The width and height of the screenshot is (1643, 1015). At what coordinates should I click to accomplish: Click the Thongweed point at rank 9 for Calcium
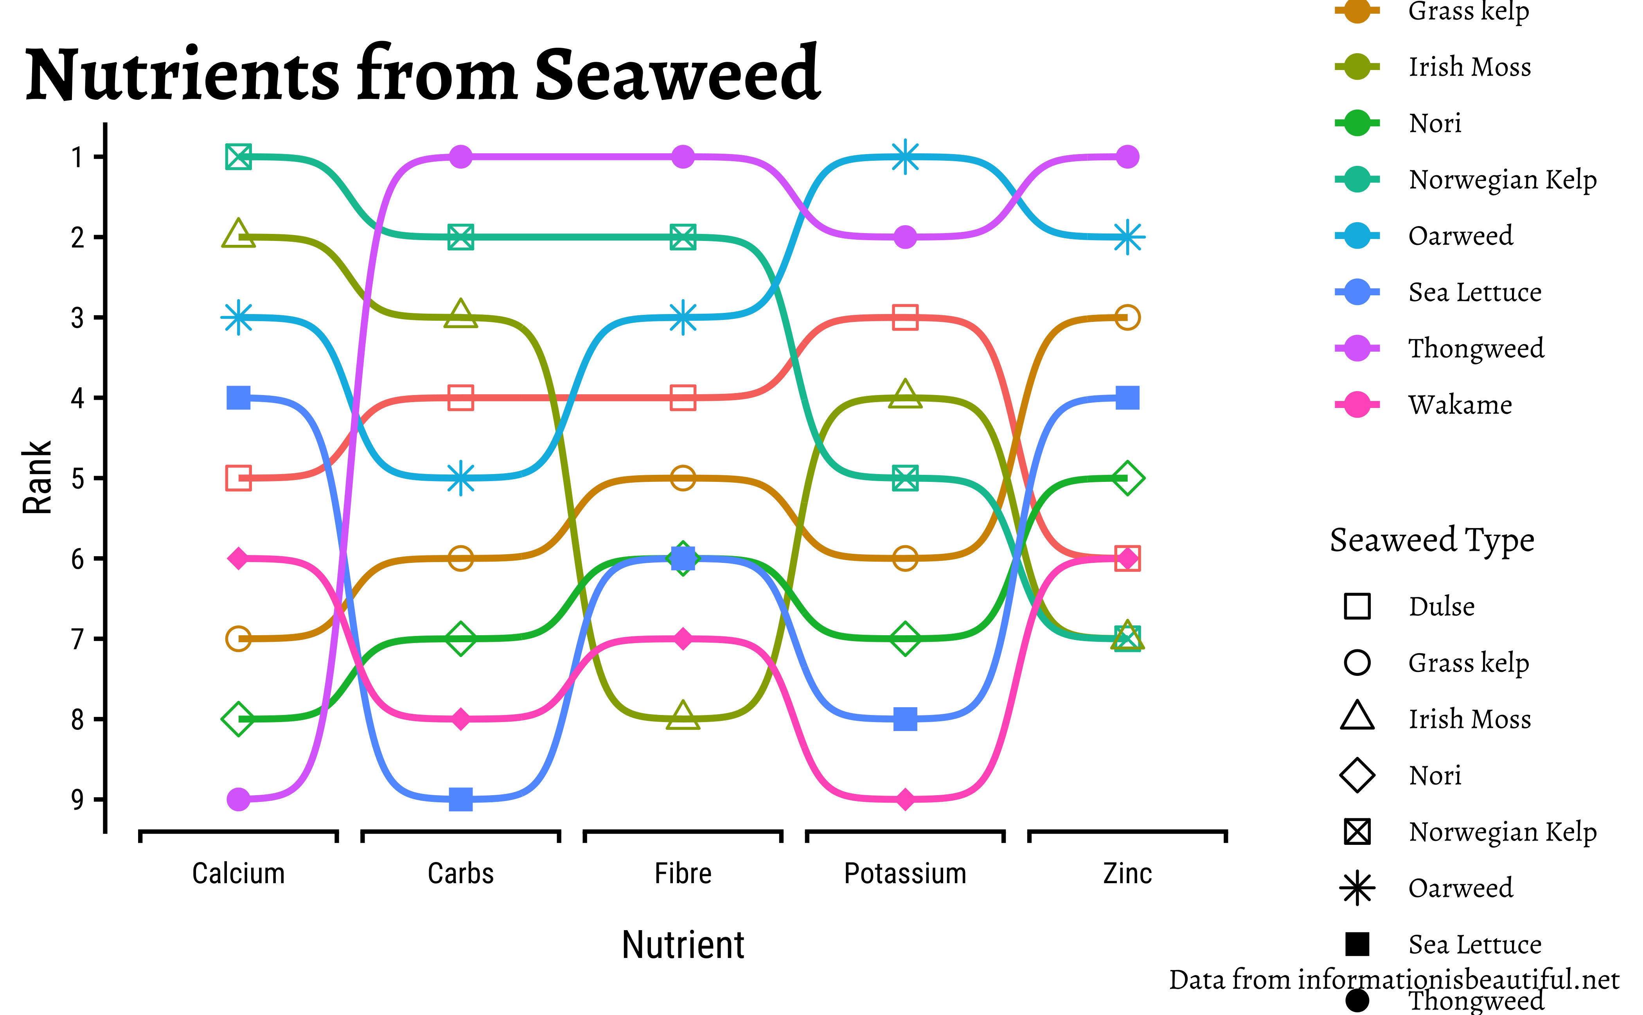click(x=238, y=799)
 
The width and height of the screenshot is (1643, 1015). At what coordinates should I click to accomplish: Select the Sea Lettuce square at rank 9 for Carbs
click(x=460, y=799)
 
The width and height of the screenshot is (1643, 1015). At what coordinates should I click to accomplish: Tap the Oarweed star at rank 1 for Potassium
click(x=905, y=157)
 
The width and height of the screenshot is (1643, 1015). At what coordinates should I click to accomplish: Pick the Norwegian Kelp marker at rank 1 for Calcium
click(x=238, y=157)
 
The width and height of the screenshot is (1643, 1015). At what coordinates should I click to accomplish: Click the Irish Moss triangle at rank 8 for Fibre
click(x=683, y=717)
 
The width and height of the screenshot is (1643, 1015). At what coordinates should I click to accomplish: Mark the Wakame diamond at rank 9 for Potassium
click(x=905, y=799)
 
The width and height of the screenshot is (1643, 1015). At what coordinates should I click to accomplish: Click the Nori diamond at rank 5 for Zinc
click(x=1127, y=478)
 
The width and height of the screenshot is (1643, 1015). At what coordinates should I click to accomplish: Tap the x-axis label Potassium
click(x=905, y=873)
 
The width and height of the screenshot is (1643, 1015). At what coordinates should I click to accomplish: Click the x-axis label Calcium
click(x=238, y=873)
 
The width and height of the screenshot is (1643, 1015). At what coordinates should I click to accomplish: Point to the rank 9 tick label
click(x=78, y=799)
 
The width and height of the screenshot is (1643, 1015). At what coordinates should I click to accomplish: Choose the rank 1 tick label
click(x=78, y=157)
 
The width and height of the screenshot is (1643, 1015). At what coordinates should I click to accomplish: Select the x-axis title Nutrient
click(x=683, y=945)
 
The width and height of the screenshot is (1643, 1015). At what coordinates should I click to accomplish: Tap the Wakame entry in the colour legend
click(x=1460, y=405)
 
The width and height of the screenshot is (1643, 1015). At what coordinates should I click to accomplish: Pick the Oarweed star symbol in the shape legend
click(x=1357, y=888)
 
